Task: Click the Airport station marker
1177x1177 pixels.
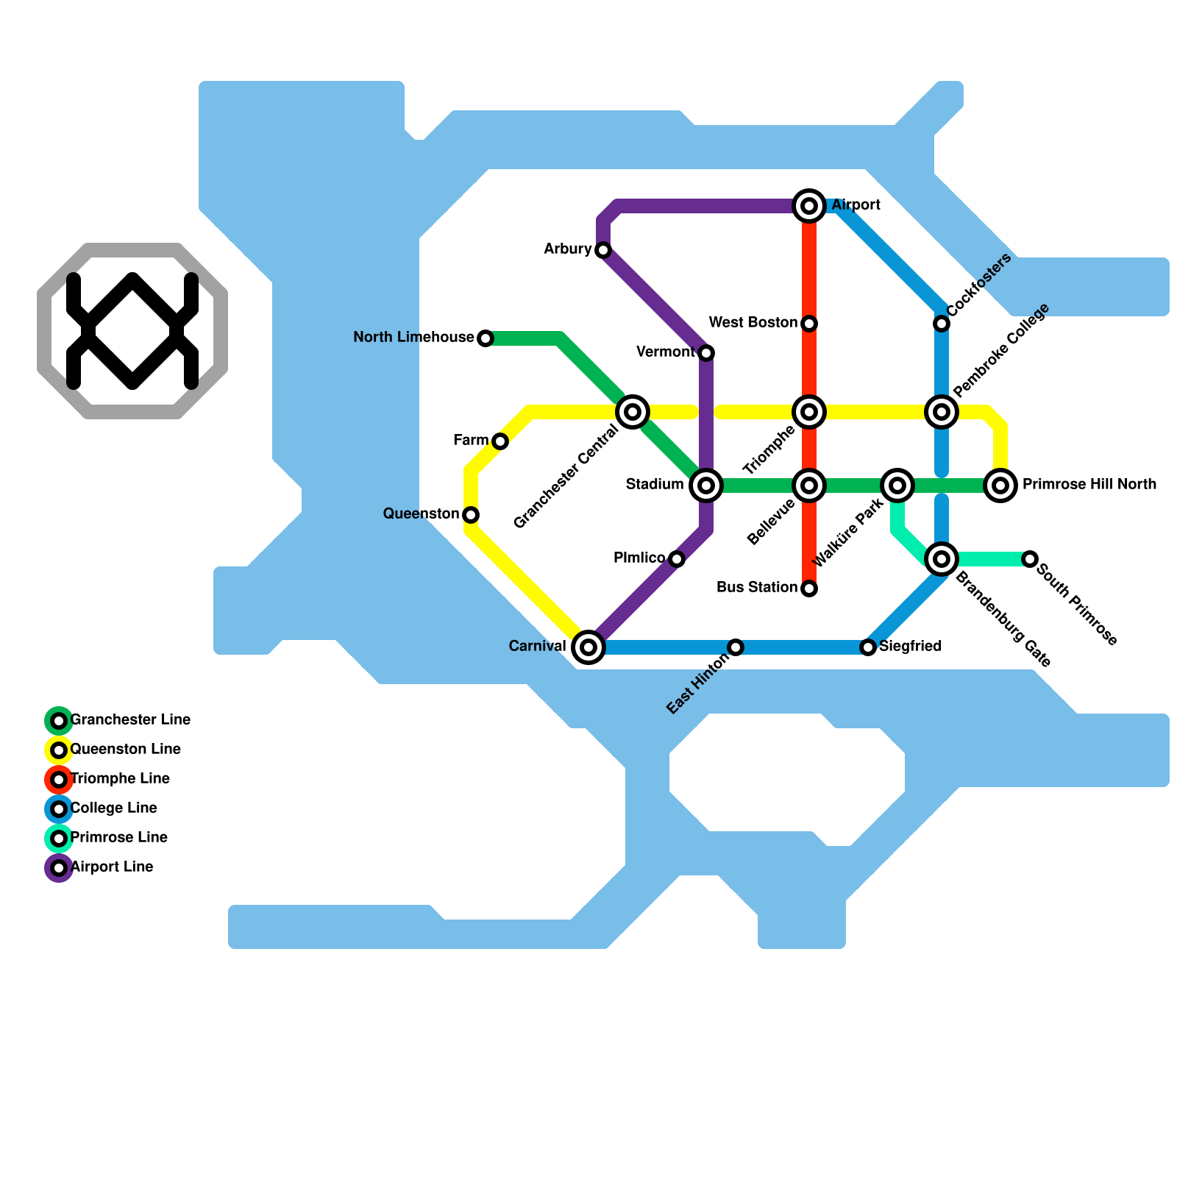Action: [x=809, y=206]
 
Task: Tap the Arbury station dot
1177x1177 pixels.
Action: [x=603, y=250]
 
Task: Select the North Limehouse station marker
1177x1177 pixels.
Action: [x=486, y=338]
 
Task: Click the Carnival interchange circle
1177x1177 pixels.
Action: [x=588, y=647]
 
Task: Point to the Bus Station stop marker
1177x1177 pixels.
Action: [x=809, y=588]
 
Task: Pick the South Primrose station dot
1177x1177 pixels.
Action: [x=1030, y=559]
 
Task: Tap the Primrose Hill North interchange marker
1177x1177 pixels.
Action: [x=1000, y=486]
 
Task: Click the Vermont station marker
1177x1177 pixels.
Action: [x=706, y=353]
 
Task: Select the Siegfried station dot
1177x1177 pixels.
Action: [x=868, y=647]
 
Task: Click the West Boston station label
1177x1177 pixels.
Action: [x=753, y=323]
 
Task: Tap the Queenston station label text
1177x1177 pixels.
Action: [x=421, y=513]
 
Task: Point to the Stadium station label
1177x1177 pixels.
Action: [x=655, y=484]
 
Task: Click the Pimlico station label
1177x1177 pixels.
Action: [x=639, y=558]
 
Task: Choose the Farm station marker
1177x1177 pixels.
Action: [x=500, y=441]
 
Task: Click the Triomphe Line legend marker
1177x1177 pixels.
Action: [x=59, y=780]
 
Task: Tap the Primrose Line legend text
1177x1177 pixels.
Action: [x=119, y=837]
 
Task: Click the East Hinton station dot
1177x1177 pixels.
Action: [x=736, y=647]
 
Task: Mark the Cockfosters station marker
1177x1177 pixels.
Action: [x=942, y=324]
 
